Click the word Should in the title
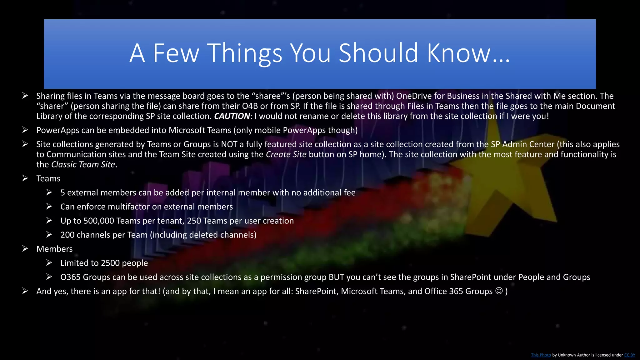click(378, 53)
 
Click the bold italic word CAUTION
click(232, 116)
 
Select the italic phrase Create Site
click(286, 154)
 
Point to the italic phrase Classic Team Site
click(83, 165)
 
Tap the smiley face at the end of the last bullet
click(499, 291)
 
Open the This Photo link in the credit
click(541, 355)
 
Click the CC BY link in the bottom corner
click(629, 355)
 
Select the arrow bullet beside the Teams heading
click(25, 178)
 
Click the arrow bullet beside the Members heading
click(25, 249)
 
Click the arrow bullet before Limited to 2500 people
click(49, 263)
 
